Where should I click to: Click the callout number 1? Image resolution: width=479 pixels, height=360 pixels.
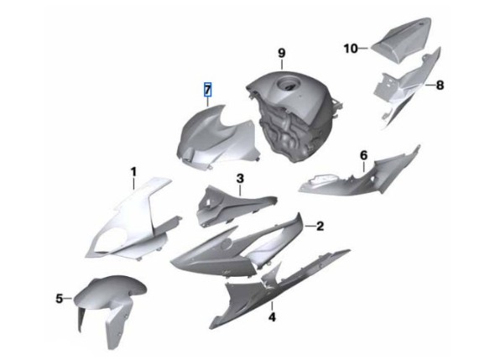pos(133,172)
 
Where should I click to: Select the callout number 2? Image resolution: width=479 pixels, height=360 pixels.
pos(320,226)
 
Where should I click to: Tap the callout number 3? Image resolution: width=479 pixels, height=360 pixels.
pos(240,179)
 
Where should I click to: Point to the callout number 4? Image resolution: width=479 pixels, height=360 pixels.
pos(272,317)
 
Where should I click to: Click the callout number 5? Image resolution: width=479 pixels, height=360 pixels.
pos(60,298)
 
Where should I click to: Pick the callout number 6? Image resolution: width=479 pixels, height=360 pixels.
pos(363,155)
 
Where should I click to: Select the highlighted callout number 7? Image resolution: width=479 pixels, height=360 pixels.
pos(207,90)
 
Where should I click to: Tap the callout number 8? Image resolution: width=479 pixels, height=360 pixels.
pos(440,85)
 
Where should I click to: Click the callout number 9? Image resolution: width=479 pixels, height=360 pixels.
pos(282,53)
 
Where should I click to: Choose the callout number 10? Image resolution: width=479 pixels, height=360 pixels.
pos(351,49)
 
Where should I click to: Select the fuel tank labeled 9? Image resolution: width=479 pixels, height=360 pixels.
pos(294,116)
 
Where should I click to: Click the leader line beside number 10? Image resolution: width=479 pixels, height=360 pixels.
pos(363,49)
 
